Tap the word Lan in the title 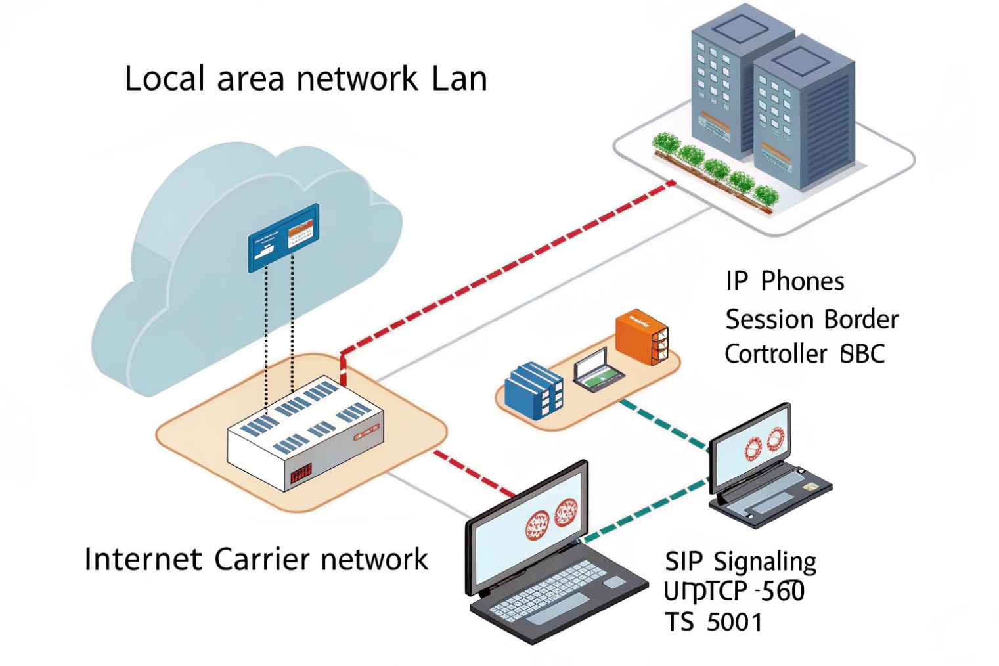[x=459, y=79]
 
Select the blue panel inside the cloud [x=283, y=237]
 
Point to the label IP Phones [x=784, y=281]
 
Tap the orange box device [x=641, y=336]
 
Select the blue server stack [x=533, y=390]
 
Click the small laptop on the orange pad [x=597, y=370]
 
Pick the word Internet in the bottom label [x=143, y=560]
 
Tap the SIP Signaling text [x=740, y=562]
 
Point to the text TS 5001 [x=713, y=622]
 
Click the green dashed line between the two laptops [x=644, y=512]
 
